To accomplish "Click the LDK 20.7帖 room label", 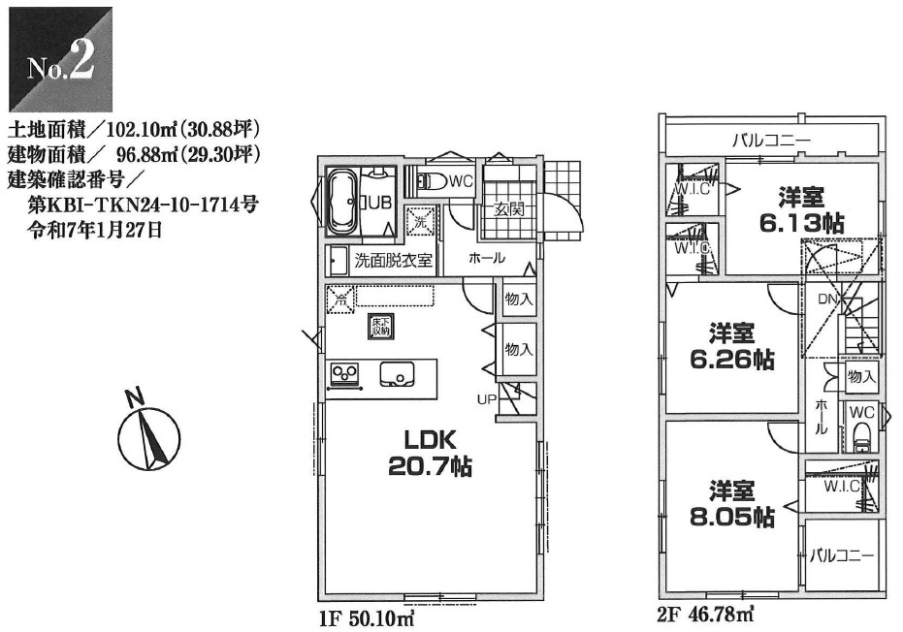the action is [x=430, y=453].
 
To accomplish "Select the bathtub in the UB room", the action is [x=343, y=202].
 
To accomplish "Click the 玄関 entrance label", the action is [x=509, y=208].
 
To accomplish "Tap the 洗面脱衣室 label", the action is [x=394, y=260].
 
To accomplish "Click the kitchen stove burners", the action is [x=344, y=374].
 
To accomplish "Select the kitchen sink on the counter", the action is [x=397, y=373].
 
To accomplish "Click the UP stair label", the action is [x=487, y=398].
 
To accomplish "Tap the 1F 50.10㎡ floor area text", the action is [x=367, y=618].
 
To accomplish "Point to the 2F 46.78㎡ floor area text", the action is [x=705, y=616].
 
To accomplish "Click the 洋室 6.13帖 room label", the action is [x=801, y=209].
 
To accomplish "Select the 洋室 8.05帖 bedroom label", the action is [x=731, y=504].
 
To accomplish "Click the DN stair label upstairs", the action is [x=827, y=300].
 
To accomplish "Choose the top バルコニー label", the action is [x=771, y=141].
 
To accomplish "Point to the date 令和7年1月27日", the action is [x=96, y=231].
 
